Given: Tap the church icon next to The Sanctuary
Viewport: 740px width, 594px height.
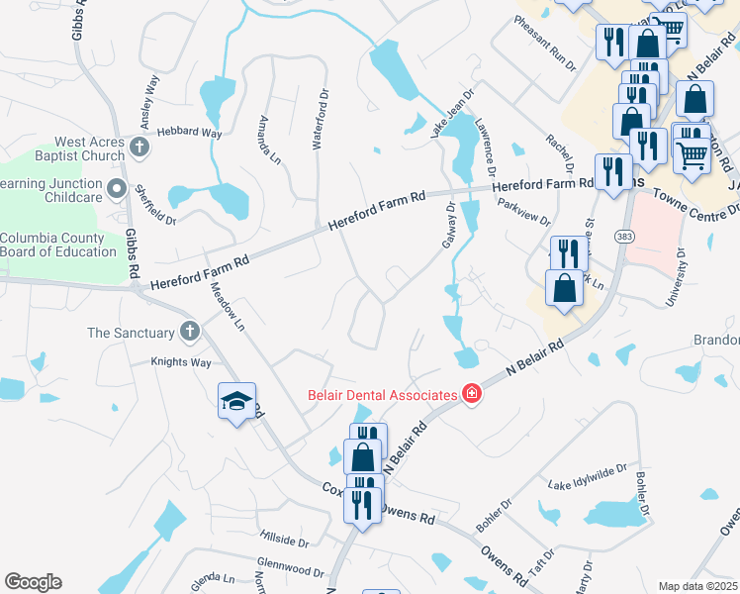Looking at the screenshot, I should tap(190, 333).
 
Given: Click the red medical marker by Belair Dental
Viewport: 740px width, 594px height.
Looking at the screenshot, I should tap(472, 394).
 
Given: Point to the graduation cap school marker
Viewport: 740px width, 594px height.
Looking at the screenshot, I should tap(236, 401).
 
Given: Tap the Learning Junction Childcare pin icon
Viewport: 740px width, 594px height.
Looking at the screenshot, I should tap(117, 188).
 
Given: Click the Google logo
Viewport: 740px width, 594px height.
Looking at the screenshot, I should tap(33, 582).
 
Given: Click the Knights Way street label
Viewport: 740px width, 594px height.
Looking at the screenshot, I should tap(180, 363).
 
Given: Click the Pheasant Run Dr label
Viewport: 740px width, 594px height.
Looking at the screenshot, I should tap(544, 44).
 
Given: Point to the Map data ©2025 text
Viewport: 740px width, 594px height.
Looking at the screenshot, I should tap(697, 586).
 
